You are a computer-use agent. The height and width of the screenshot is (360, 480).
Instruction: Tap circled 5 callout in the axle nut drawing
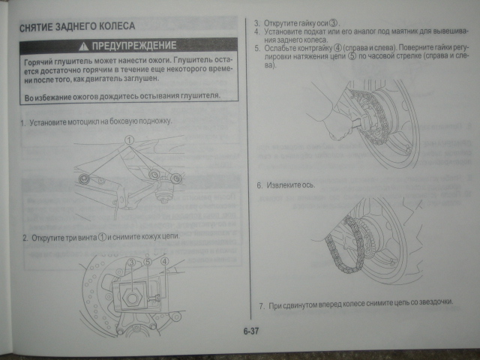[x=147, y=262]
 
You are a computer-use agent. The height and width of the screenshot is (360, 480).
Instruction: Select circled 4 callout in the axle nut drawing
[x=164, y=262]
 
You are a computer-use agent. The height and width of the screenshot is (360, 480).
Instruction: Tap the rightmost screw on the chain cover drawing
[x=175, y=178]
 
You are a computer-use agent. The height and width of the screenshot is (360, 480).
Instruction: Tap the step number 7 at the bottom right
[x=260, y=305]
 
